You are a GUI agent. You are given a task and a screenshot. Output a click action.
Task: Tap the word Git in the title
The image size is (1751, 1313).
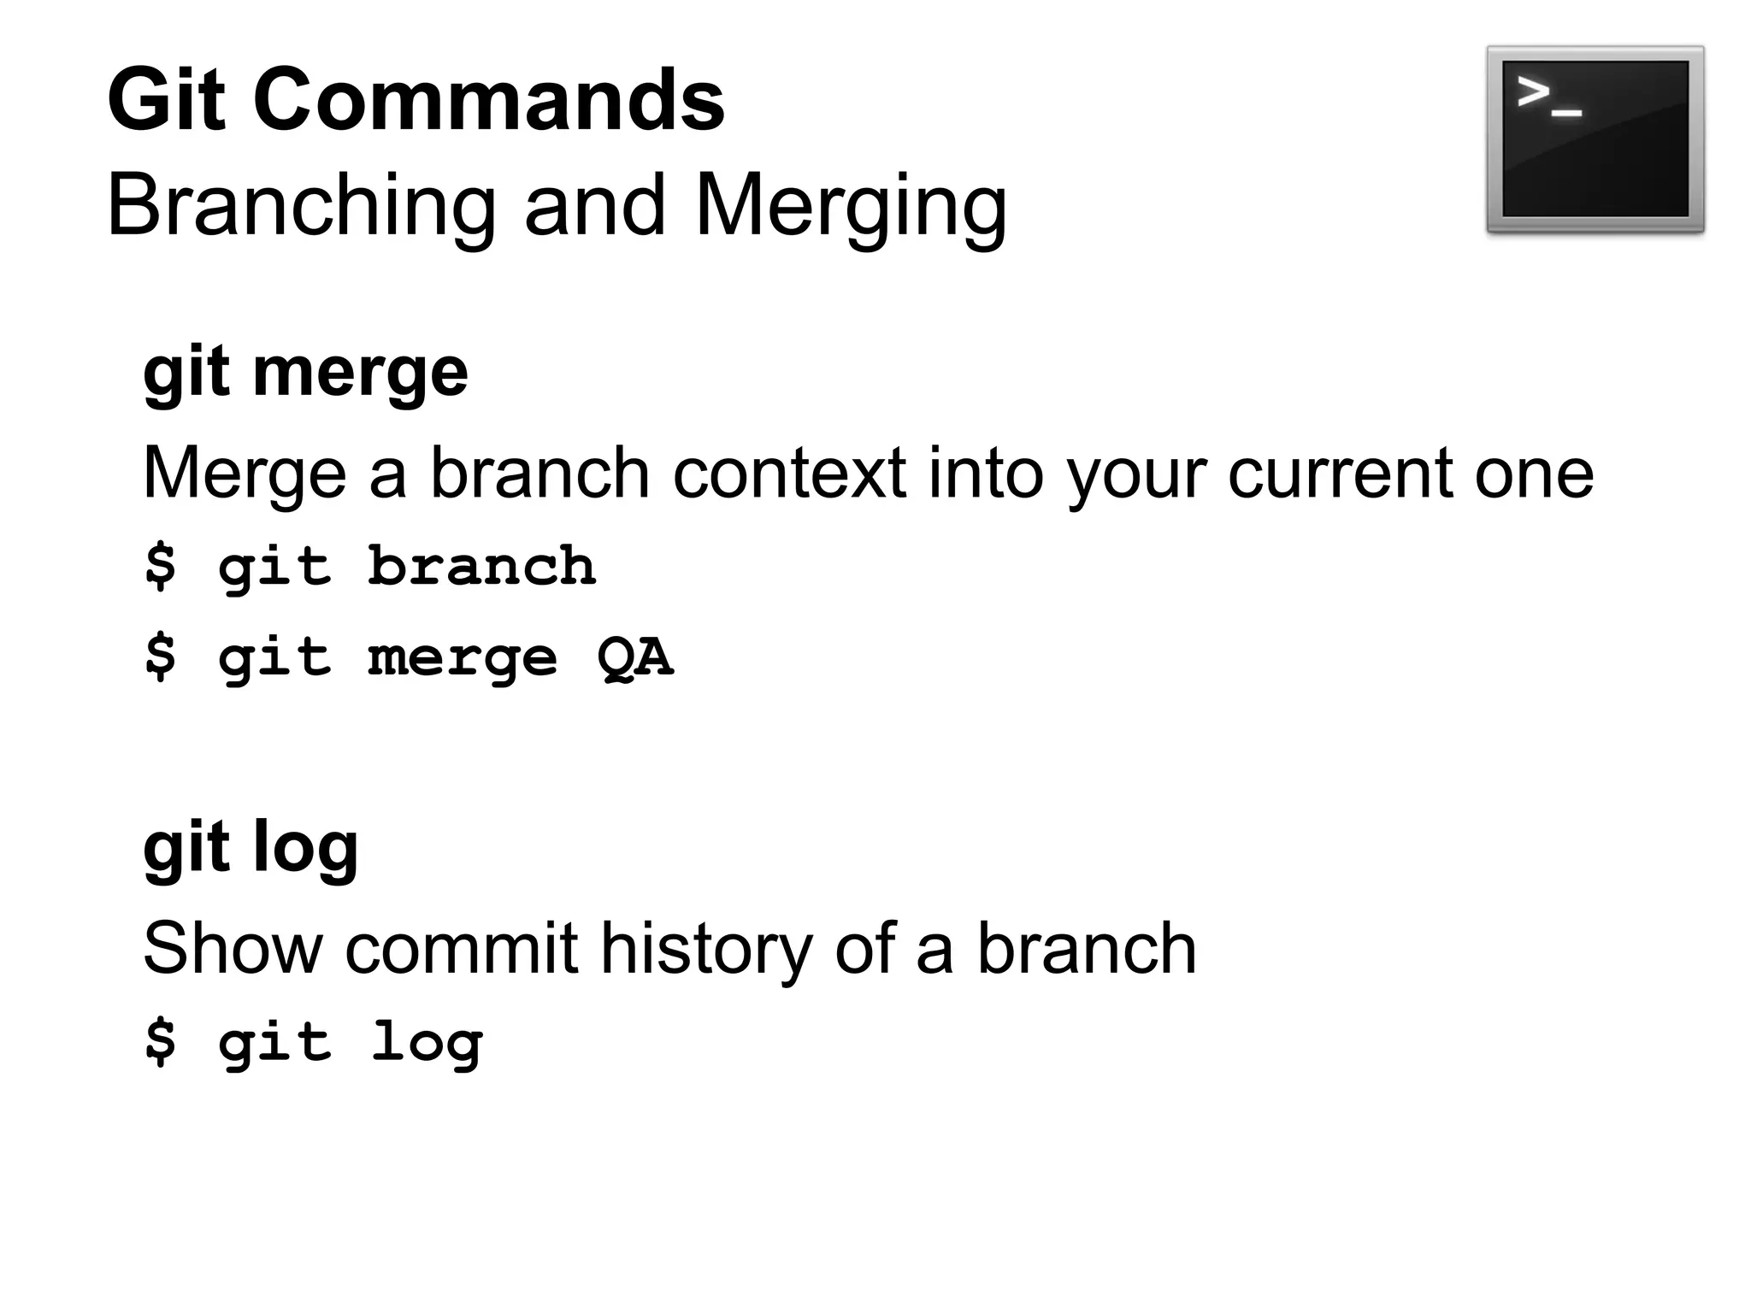(167, 101)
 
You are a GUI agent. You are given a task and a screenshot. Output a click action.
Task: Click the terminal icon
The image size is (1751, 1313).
(1595, 139)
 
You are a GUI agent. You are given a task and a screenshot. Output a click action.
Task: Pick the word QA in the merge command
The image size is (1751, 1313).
(634, 658)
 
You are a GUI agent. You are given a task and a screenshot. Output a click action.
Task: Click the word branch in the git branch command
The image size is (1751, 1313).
(481, 567)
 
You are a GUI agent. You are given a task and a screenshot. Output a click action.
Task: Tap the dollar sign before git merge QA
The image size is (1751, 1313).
(161, 656)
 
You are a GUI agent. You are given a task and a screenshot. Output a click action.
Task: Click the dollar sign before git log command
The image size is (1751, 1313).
(161, 1041)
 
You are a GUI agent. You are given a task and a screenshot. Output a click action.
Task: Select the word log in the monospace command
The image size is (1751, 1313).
(427, 1043)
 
